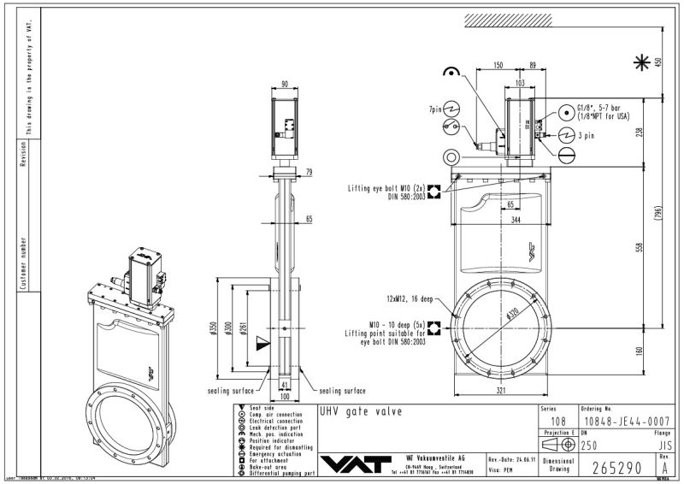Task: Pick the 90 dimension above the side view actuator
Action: (284, 84)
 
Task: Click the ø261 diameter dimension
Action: (244, 329)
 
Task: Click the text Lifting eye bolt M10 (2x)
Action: (386, 186)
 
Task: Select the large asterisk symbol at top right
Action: (639, 62)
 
